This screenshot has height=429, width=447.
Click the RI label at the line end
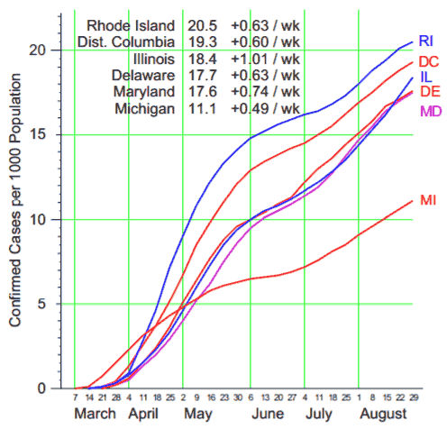[426, 41]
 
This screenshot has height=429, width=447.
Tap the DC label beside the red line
[429, 61]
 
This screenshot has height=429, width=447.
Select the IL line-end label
[426, 77]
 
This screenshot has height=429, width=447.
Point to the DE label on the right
[430, 91]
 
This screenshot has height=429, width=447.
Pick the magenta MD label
[431, 112]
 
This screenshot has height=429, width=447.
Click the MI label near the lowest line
[428, 200]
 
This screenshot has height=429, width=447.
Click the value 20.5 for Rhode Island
[202, 26]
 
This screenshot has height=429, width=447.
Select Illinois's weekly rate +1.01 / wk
[265, 59]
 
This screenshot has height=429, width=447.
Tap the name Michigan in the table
[144, 108]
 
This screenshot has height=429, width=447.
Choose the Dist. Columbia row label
[126, 42]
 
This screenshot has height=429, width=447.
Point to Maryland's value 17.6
[202, 92]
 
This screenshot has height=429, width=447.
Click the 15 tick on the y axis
[37, 134]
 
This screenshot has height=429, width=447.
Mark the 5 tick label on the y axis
[41, 304]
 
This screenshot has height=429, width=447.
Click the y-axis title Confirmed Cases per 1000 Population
[15, 200]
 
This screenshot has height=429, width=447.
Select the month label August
[383, 415]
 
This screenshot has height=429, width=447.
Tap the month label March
[95, 414]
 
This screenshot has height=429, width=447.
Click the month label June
[268, 414]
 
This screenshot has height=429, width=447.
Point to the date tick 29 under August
[414, 397]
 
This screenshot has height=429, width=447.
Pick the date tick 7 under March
[75, 397]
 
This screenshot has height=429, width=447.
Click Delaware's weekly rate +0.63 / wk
[265, 76]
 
